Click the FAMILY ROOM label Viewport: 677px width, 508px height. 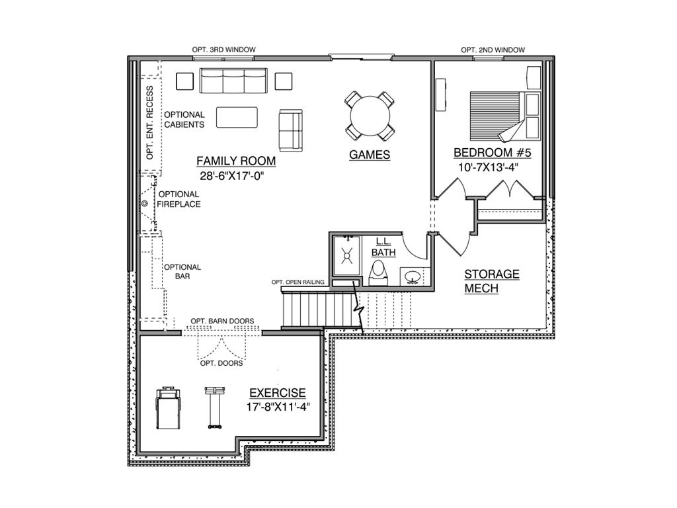pyautogui.click(x=236, y=161)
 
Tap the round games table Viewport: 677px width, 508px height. pyautogui.click(x=370, y=116)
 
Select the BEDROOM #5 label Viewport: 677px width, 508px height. pyautogui.click(x=492, y=153)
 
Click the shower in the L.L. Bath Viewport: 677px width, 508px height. pyautogui.click(x=346, y=253)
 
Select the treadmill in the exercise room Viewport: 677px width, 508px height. pyautogui.click(x=167, y=408)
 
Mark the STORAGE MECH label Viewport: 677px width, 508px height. pyautogui.click(x=491, y=281)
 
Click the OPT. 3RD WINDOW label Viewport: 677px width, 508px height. pyautogui.click(x=223, y=50)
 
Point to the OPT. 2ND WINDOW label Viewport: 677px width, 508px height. pyautogui.click(x=493, y=50)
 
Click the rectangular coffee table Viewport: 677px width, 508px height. pyautogui.click(x=236, y=117)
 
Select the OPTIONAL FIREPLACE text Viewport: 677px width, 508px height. pyautogui.click(x=179, y=199)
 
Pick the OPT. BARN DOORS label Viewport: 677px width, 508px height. pyautogui.click(x=222, y=321)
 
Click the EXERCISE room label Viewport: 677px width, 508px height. pyautogui.click(x=277, y=393)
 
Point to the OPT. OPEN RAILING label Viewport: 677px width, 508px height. pyautogui.click(x=298, y=282)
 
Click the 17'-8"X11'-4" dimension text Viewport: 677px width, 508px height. pyautogui.click(x=277, y=407)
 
